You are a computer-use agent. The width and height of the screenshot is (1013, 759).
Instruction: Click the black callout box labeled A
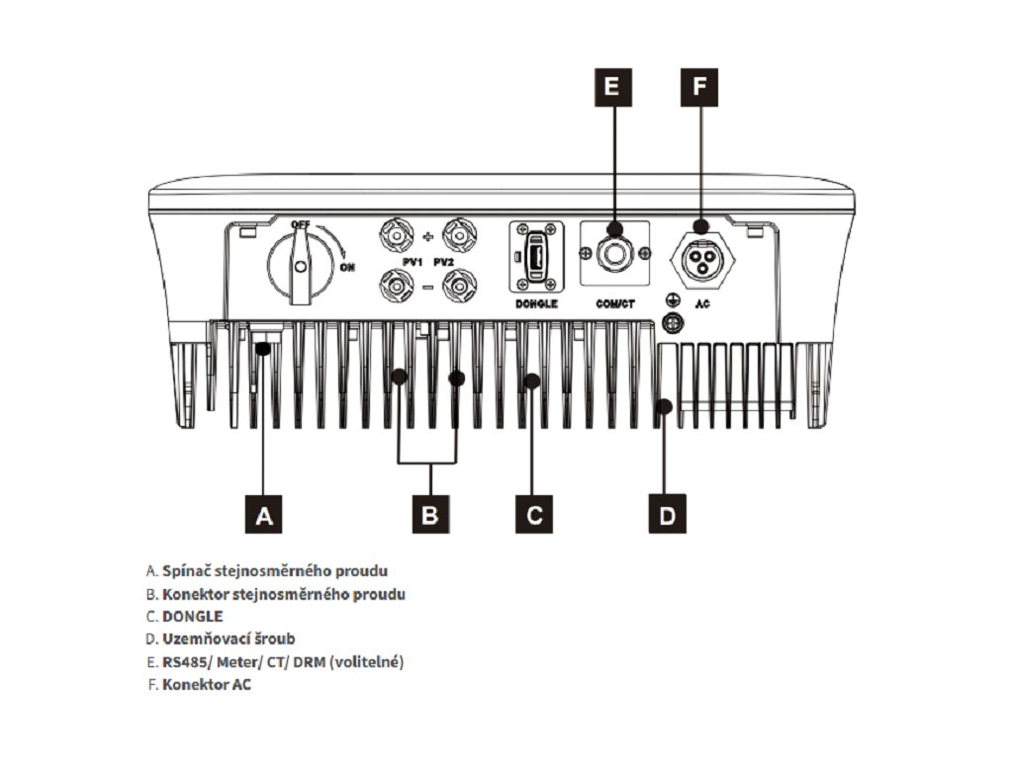coord(262,514)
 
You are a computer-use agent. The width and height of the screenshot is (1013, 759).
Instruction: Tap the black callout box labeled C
coord(534,514)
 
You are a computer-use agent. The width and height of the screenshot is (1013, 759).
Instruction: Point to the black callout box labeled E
coord(613,87)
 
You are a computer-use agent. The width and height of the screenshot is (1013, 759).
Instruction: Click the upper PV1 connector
coord(396,237)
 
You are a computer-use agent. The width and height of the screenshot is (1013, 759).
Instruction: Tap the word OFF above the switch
coord(301,225)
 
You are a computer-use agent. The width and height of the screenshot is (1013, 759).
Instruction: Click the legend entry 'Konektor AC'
coord(199,685)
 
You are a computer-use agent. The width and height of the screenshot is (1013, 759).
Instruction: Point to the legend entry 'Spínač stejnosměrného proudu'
coord(266,571)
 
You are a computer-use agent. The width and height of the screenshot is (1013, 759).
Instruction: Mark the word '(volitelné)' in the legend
coord(368,662)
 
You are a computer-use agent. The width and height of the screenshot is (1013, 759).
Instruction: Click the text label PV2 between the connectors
coord(442,262)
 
